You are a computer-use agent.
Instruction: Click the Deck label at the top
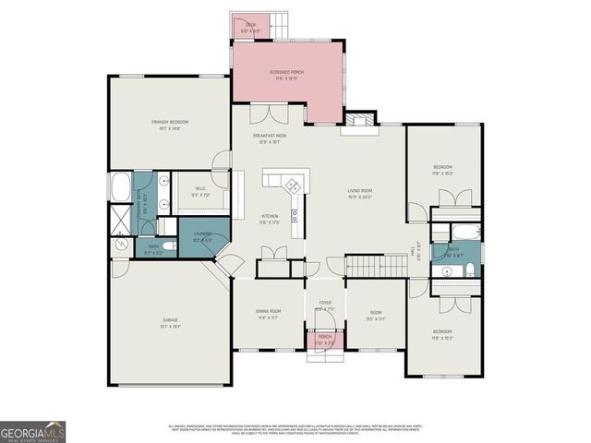[x=250, y=28]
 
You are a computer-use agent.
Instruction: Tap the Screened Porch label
[x=286, y=74]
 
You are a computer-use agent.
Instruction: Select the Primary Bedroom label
[x=170, y=125]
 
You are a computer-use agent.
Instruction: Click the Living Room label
[x=359, y=192]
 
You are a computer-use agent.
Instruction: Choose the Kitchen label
[x=270, y=219]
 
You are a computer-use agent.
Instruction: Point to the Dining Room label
[x=268, y=314]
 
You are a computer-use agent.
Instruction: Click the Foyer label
[x=325, y=305]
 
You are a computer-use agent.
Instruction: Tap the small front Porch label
[x=325, y=339]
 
